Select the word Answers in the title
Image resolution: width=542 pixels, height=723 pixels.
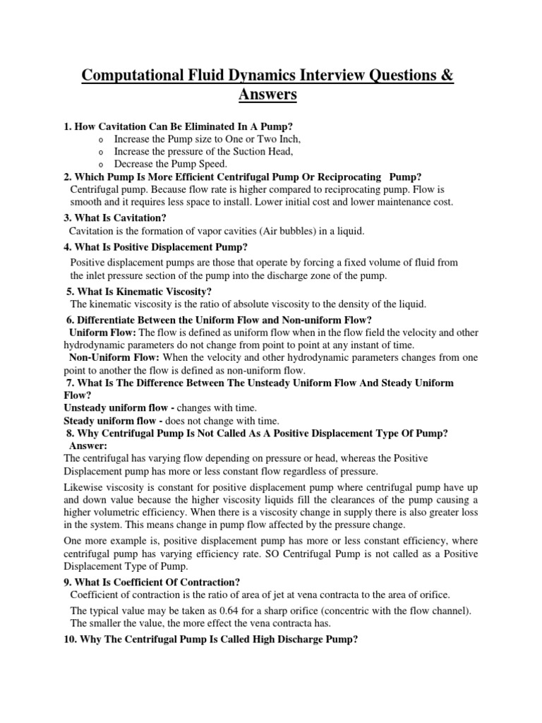(x=271, y=94)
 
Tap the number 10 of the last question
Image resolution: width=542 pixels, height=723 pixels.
(x=68, y=640)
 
